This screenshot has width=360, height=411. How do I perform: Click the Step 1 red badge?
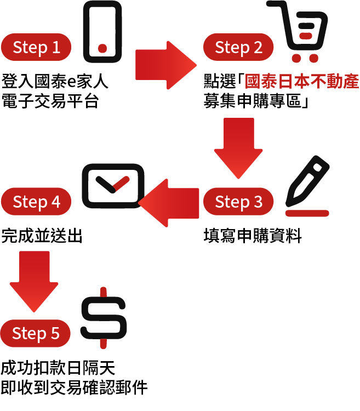36,47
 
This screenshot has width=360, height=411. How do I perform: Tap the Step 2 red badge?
239,47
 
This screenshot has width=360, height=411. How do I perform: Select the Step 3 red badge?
239,202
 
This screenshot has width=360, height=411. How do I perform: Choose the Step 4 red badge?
36,202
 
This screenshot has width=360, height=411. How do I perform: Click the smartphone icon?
102,31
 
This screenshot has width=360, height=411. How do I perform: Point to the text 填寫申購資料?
253,236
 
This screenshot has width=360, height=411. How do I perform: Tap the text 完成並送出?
42,236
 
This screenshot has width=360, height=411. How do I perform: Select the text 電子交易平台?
50,101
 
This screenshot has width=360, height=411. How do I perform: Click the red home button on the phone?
102,48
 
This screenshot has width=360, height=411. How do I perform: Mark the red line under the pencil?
307,213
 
